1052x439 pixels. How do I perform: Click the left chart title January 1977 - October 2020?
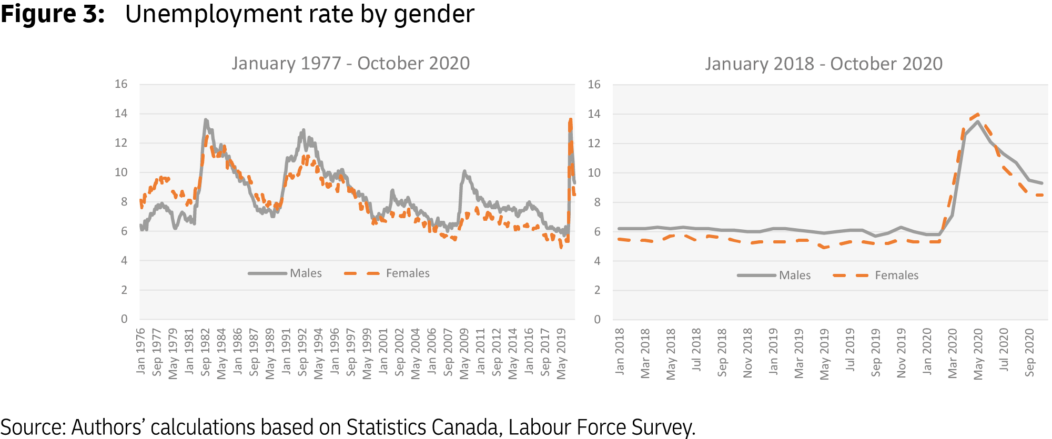point(350,64)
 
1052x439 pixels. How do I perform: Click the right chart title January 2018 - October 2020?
point(824,64)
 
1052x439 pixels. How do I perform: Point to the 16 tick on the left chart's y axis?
point(121,84)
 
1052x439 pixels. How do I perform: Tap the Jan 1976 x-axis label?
point(140,351)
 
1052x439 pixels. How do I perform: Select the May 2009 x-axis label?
point(464,353)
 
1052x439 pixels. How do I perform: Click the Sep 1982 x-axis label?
point(205,352)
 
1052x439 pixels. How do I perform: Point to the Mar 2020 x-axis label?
point(953,353)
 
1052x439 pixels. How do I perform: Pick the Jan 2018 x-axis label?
point(620,351)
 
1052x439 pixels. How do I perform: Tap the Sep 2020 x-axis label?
point(1029,352)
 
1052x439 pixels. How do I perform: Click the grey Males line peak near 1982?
point(206,120)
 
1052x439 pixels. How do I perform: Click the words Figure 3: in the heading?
point(53,14)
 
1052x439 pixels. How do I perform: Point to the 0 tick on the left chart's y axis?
point(124,319)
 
